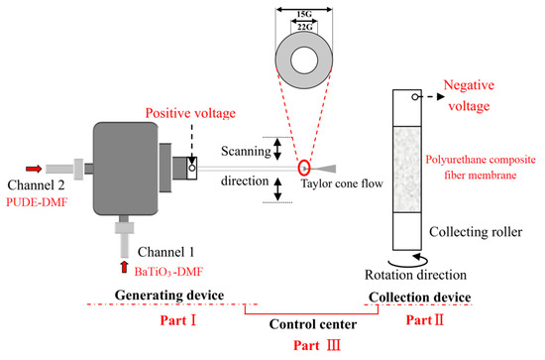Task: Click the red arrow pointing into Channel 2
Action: pyautogui.click(x=34, y=169)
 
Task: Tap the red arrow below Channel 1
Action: pyautogui.click(x=124, y=267)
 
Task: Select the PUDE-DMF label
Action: pyautogui.click(x=37, y=201)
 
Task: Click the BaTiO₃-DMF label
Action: pyautogui.click(x=168, y=272)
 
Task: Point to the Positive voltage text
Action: pyautogui.click(x=190, y=113)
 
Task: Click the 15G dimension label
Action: pyautogui.click(x=304, y=14)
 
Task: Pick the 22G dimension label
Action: pyautogui.click(x=304, y=27)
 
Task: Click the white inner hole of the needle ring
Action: pyautogui.click(x=304, y=60)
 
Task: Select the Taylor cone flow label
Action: pyautogui.click(x=342, y=183)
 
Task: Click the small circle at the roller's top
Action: pyautogui.click(x=415, y=97)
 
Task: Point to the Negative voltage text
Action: pyautogui.click(x=469, y=95)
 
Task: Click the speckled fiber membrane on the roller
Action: pyautogui.click(x=407, y=170)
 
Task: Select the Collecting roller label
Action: pyautogui.click(x=476, y=232)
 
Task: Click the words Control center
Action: pyautogui.click(x=313, y=324)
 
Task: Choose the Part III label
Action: pyautogui.click(x=317, y=345)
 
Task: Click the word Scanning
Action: pyautogui.click(x=246, y=151)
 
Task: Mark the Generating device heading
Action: pyautogui.click(x=169, y=296)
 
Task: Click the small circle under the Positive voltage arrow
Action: pyautogui.click(x=192, y=169)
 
